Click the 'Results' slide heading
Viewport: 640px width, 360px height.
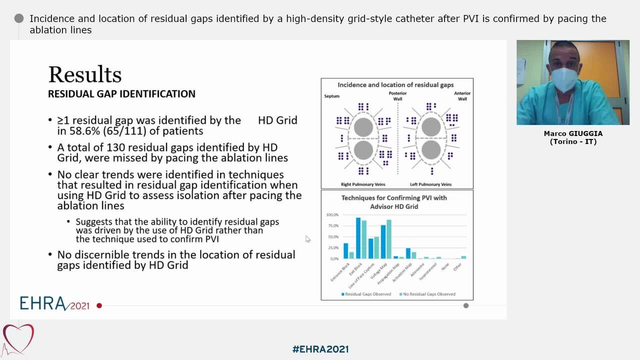[84, 75]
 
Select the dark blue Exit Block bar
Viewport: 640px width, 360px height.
[358, 238]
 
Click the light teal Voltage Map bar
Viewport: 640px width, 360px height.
[389, 239]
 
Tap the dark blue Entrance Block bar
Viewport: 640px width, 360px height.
[345, 251]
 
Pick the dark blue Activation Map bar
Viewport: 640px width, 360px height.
[408, 253]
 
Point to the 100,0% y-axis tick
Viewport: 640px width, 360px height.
[332, 215]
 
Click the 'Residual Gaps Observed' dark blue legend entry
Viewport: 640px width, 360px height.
[366, 294]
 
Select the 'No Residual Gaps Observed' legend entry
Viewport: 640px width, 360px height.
[427, 294]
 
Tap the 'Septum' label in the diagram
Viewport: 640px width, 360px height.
[331, 96]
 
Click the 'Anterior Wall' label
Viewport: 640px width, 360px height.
[462, 96]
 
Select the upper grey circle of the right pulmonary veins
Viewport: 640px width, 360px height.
[363, 127]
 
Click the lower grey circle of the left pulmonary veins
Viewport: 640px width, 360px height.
[430, 150]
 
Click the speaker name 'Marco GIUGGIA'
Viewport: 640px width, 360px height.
[573, 133]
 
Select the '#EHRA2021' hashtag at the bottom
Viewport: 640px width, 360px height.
[320, 349]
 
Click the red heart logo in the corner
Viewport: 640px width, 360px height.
[18, 338]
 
